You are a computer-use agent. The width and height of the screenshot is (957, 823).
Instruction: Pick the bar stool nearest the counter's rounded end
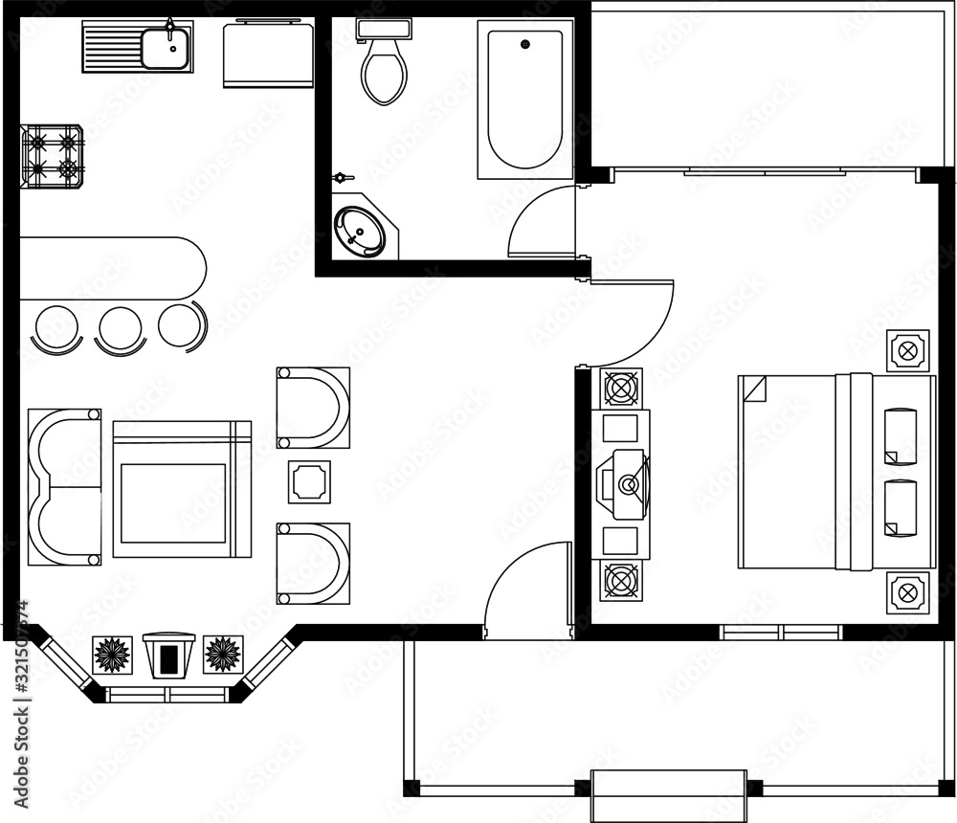click(180, 323)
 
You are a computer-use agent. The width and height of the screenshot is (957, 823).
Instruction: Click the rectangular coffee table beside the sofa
click(181, 488)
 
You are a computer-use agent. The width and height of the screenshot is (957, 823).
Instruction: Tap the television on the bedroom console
click(623, 482)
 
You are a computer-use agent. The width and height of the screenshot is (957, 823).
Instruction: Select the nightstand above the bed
click(907, 350)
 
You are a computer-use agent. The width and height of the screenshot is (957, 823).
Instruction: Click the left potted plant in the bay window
click(111, 655)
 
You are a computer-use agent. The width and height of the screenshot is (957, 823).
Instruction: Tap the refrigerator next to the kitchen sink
click(268, 55)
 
